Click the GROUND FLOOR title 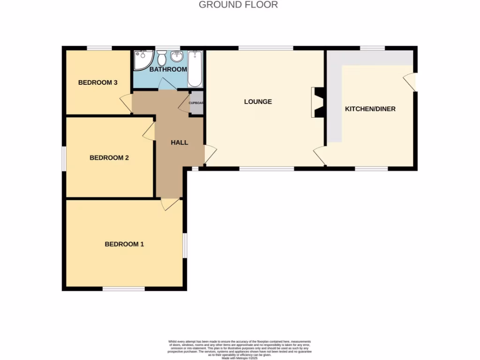(x=238, y=5)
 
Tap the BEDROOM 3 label (x=97, y=82)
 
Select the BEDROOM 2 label (x=109, y=158)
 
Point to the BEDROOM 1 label (x=124, y=244)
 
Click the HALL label (x=179, y=142)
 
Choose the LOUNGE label (x=258, y=102)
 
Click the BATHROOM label (x=168, y=69)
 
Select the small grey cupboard (x=196, y=103)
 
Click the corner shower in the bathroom (x=142, y=60)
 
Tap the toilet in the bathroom (x=162, y=58)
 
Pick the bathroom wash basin (x=177, y=57)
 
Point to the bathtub (x=195, y=69)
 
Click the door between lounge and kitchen (x=320, y=155)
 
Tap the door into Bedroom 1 (x=169, y=204)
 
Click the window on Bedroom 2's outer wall (x=64, y=158)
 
